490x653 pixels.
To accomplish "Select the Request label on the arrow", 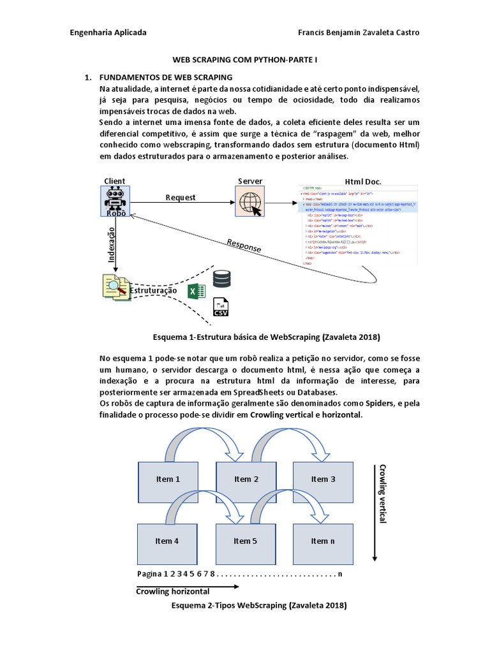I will (181, 198).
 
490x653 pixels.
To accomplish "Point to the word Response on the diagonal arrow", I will (244, 246).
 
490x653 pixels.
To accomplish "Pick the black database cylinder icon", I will (223, 279).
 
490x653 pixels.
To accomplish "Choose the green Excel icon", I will (195, 291).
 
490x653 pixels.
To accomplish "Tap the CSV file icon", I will (221, 307).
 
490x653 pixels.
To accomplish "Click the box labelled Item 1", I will (168, 479).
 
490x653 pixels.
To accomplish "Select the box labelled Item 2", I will (246, 479).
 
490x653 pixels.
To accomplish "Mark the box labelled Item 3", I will (323, 479).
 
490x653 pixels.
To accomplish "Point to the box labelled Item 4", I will (168, 541).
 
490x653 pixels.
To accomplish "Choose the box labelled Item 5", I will (246, 541).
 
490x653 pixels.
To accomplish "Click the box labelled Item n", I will (323, 541).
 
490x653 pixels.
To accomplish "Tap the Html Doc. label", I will (362, 181).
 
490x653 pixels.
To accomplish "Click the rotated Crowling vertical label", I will (383, 494).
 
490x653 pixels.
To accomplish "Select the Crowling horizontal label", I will (172, 591).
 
